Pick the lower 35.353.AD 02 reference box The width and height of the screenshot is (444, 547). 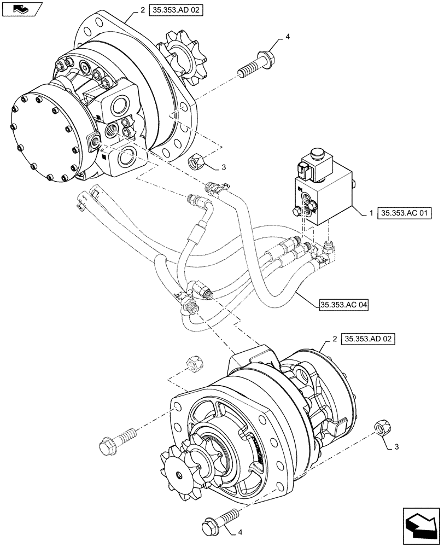tap(368, 339)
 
